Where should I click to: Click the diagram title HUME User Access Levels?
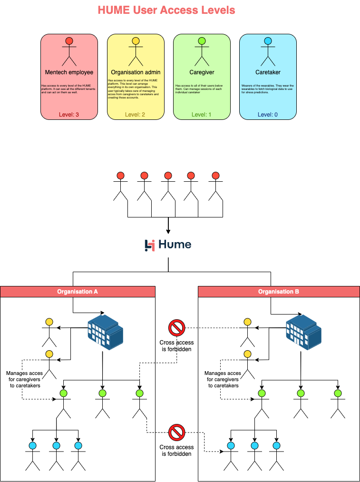pos(166,10)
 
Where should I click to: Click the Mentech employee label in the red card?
pos(69,72)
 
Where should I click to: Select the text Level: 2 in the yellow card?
pos(136,114)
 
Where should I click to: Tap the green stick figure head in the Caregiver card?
pos(202,41)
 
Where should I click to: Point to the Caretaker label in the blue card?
pos(268,72)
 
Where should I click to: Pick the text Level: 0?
pos(268,114)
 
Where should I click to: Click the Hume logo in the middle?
pos(168,245)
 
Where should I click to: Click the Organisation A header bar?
pos(78,292)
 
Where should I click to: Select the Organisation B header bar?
pos(279,292)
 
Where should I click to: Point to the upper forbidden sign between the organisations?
pos(176,328)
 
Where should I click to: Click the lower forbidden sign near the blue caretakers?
pos(176,433)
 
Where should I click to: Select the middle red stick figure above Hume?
pos(168,176)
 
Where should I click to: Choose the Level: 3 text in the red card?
pos(69,114)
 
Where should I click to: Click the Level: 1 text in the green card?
pos(202,114)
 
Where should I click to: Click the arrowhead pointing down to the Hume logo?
pos(168,232)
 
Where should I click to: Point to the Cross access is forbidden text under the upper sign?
pos(176,345)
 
